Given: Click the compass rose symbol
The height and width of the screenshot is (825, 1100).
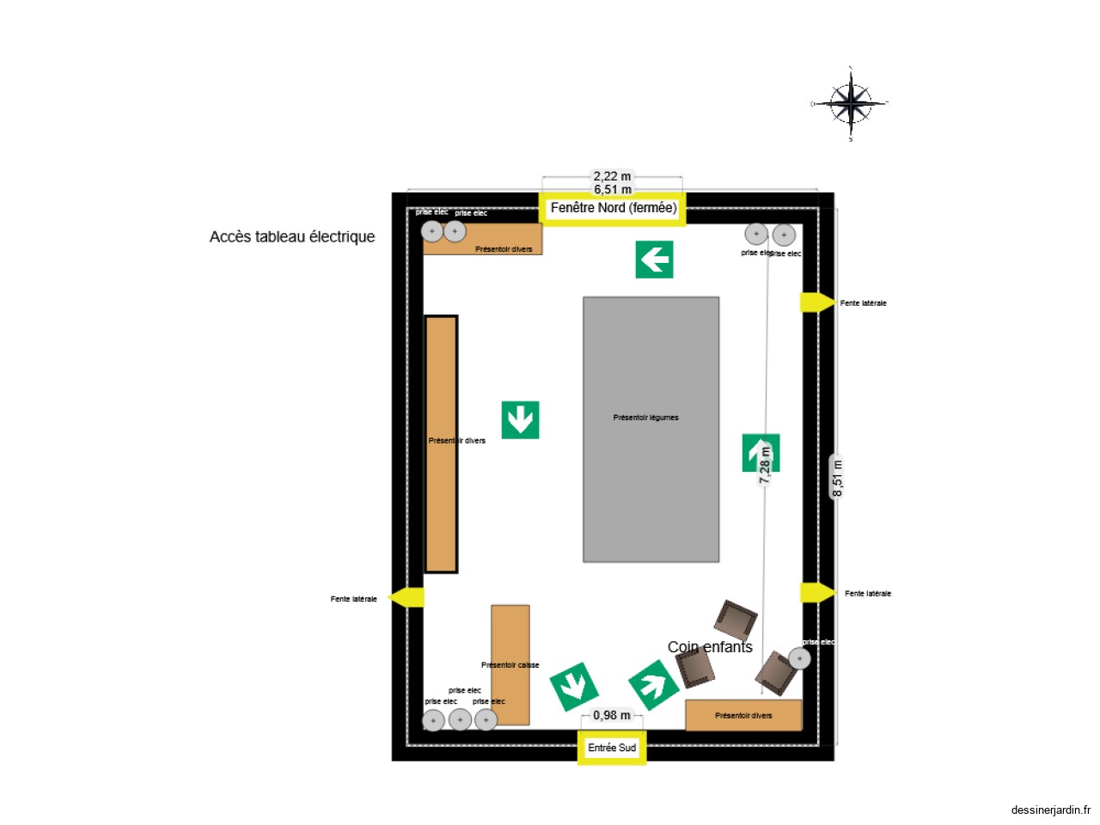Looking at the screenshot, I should coord(851,103).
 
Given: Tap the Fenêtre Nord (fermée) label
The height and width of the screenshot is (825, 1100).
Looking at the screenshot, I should coord(613,209).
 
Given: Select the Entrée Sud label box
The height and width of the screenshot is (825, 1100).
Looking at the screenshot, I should coord(612,748).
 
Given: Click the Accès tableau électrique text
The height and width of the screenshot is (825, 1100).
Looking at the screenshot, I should coord(292,237).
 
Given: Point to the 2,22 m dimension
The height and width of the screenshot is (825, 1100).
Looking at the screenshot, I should coord(612,176).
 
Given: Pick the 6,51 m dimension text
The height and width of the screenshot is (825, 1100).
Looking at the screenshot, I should coord(612,190).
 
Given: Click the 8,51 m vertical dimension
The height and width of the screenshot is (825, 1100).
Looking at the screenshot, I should coord(837,478).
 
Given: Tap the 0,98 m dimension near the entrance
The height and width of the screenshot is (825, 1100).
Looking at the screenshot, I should coord(611,715).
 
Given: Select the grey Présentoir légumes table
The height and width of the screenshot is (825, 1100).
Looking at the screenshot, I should coord(651,430).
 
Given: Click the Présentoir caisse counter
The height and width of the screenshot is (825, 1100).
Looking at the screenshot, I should coord(510,664).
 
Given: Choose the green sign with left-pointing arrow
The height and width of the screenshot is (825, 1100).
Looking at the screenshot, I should coord(654,260).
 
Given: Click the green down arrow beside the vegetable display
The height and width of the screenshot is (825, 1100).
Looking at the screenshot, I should coord(520,420).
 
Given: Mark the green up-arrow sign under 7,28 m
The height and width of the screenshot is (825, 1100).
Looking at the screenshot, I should coord(760,452).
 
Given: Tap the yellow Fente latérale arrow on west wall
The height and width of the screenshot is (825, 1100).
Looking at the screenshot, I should coord(406,597).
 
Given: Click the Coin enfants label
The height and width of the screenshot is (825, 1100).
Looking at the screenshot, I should coord(710,647).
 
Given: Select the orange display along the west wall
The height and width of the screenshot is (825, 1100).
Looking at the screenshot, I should coord(441,443).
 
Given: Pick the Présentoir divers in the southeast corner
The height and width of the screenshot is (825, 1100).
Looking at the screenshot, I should coord(743,715).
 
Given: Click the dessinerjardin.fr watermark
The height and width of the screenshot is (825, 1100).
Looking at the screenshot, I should coord(1050,810).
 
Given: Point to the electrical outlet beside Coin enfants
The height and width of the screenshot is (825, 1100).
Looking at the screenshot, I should coord(799,658).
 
